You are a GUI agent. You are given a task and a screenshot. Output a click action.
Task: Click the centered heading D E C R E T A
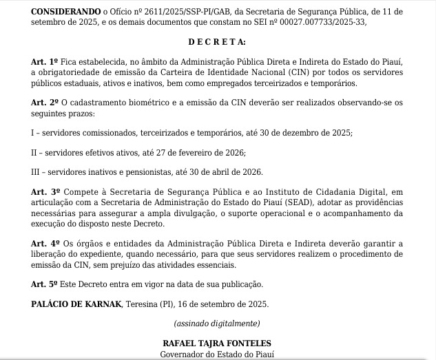(218, 43)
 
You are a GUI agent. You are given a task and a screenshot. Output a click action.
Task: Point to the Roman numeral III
(37, 172)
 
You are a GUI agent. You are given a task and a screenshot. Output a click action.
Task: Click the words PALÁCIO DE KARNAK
(76, 304)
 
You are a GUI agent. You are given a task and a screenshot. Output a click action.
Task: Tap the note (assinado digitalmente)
(218, 324)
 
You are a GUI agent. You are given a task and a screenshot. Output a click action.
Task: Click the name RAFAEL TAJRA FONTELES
(217, 343)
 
